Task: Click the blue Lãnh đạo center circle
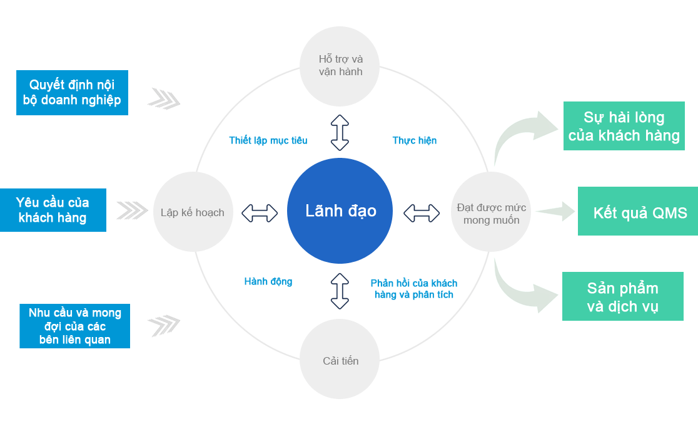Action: (x=340, y=210)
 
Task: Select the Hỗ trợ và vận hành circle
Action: (x=340, y=66)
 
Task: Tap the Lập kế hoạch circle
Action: (x=193, y=212)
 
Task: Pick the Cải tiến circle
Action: (x=340, y=359)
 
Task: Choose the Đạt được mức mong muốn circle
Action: (x=491, y=212)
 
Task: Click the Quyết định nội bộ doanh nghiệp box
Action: (x=72, y=92)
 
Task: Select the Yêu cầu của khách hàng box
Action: (x=53, y=210)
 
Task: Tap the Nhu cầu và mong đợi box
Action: (x=75, y=326)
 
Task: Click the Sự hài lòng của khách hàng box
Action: (x=624, y=126)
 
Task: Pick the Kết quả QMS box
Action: (x=638, y=211)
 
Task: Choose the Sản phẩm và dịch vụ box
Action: (x=623, y=296)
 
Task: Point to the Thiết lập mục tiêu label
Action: (x=268, y=140)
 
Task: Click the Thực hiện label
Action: (x=415, y=140)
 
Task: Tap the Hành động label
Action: (x=268, y=281)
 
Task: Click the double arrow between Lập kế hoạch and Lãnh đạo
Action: (x=260, y=213)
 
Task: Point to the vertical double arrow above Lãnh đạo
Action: (x=340, y=132)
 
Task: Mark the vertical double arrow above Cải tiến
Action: (x=340, y=291)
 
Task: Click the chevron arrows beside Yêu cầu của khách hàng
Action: (x=132, y=210)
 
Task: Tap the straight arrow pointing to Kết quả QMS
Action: (x=555, y=211)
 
